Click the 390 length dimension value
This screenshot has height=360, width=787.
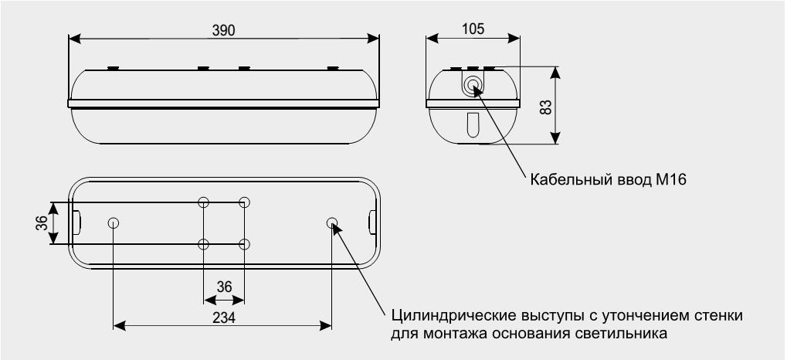(x=224, y=29)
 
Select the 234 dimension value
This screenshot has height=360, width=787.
(x=223, y=318)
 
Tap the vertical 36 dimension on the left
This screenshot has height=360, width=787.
(x=42, y=223)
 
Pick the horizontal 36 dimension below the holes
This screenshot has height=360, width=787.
(x=224, y=287)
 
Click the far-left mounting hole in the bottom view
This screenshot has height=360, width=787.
(x=114, y=224)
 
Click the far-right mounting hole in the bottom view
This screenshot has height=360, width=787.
(x=332, y=224)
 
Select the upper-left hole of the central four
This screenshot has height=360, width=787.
(x=204, y=203)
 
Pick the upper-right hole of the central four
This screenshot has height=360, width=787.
(x=245, y=203)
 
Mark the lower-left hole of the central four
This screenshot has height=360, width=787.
(x=204, y=245)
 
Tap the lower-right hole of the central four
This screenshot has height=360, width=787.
(x=245, y=245)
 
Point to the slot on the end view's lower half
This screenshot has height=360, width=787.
(x=473, y=124)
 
